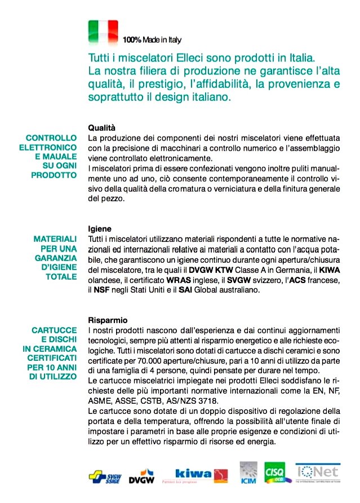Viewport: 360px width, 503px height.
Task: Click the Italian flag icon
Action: tap(103, 32)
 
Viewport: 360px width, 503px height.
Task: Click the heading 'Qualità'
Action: tap(101, 127)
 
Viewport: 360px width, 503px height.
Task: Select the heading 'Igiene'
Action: tap(100, 229)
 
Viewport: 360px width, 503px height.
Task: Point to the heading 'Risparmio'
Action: tap(108, 319)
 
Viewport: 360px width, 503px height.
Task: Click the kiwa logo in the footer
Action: tap(194, 475)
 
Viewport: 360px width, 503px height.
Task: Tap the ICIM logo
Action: tap(248, 474)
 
